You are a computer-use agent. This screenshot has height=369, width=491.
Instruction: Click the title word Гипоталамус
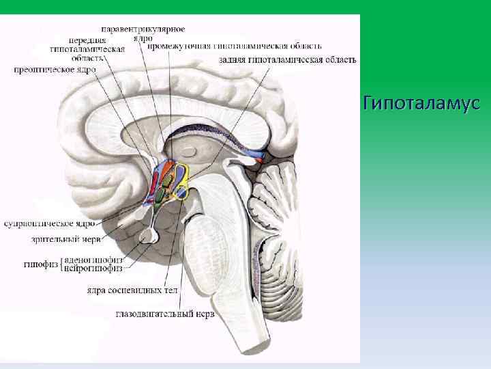point(422,104)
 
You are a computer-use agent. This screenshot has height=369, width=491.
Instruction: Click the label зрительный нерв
point(65,240)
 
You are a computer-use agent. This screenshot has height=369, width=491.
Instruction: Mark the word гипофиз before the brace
point(40,264)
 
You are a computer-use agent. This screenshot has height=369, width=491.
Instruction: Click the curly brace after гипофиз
point(59,264)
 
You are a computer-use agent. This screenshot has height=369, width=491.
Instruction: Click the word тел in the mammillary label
point(170,290)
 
